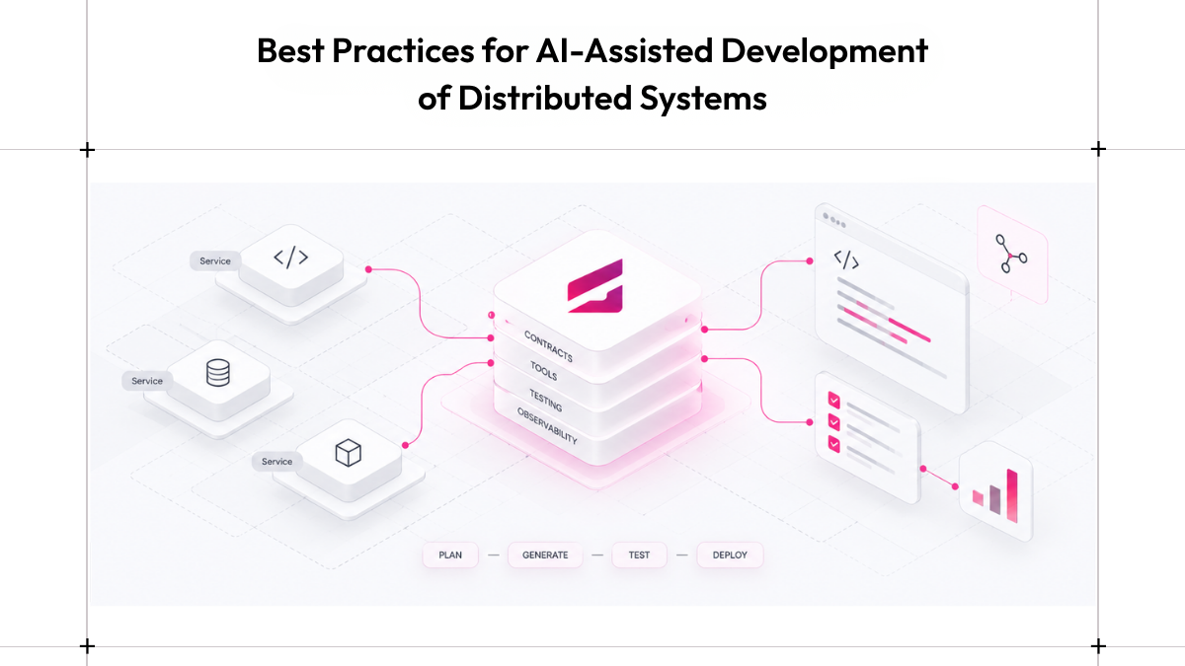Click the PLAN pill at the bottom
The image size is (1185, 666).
pyautogui.click(x=450, y=555)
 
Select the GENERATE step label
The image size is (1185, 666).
pyautogui.click(x=545, y=555)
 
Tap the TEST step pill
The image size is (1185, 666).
pyautogui.click(x=639, y=555)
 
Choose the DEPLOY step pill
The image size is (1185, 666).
pyautogui.click(x=730, y=555)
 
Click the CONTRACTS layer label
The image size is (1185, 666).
pyautogui.click(x=549, y=346)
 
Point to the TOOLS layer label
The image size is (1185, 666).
pyautogui.click(x=544, y=371)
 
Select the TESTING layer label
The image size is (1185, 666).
pyautogui.click(x=546, y=401)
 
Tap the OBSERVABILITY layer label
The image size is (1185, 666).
pyautogui.click(x=547, y=426)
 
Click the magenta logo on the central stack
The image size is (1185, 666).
pyautogui.click(x=595, y=286)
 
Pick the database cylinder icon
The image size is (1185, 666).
pyautogui.click(x=218, y=373)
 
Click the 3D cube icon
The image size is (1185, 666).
pyautogui.click(x=348, y=453)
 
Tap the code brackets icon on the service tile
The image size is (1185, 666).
pyautogui.click(x=290, y=258)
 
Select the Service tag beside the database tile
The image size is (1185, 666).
pyautogui.click(x=147, y=381)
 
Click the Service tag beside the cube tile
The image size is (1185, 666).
pyautogui.click(x=276, y=462)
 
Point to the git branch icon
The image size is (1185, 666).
pyautogui.click(x=1011, y=255)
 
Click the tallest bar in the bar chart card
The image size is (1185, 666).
pyautogui.click(x=1012, y=495)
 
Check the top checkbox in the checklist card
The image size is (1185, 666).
pyautogui.click(x=834, y=401)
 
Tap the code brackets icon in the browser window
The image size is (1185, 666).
pyautogui.click(x=846, y=259)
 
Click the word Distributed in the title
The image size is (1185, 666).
pyautogui.click(x=545, y=98)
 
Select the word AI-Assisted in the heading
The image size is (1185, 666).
pyautogui.click(x=624, y=50)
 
